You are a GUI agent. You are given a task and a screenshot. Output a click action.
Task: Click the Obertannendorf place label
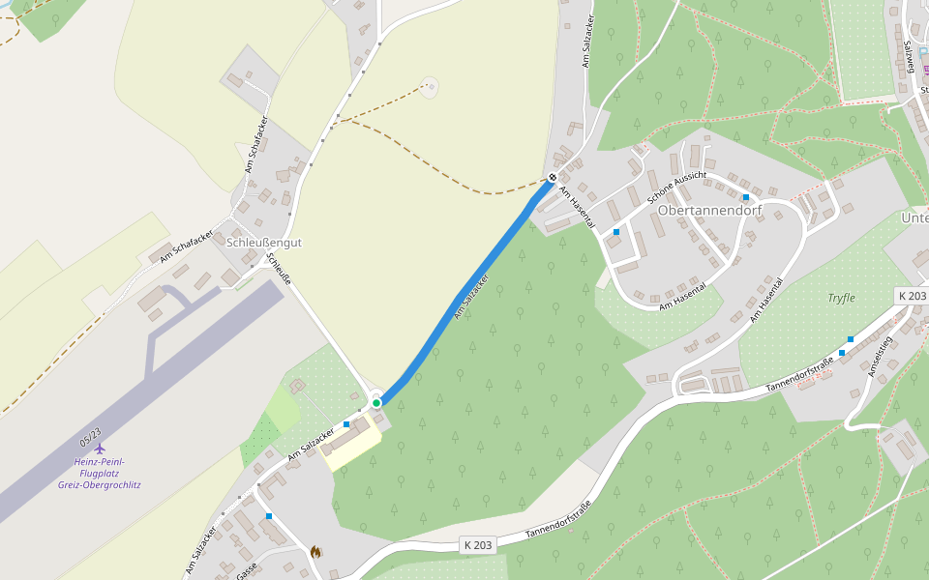click(710, 210)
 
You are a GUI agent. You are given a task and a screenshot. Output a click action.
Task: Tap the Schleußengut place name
click(263, 243)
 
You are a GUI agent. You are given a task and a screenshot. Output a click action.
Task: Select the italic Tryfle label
click(841, 298)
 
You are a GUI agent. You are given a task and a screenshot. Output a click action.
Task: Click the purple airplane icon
click(99, 448)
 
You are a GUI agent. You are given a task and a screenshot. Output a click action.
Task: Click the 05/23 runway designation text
click(91, 440)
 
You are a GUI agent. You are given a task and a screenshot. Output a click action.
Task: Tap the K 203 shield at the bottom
click(477, 545)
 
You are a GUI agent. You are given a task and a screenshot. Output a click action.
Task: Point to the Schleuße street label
click(279, 270)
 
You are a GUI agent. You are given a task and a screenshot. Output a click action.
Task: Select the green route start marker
click(376, 402)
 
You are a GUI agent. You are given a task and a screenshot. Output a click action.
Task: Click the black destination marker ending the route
click(552, 177)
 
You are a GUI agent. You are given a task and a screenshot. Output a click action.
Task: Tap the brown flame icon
click(315, 552)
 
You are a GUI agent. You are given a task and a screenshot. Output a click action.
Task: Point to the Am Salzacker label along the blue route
click(471, 297)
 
